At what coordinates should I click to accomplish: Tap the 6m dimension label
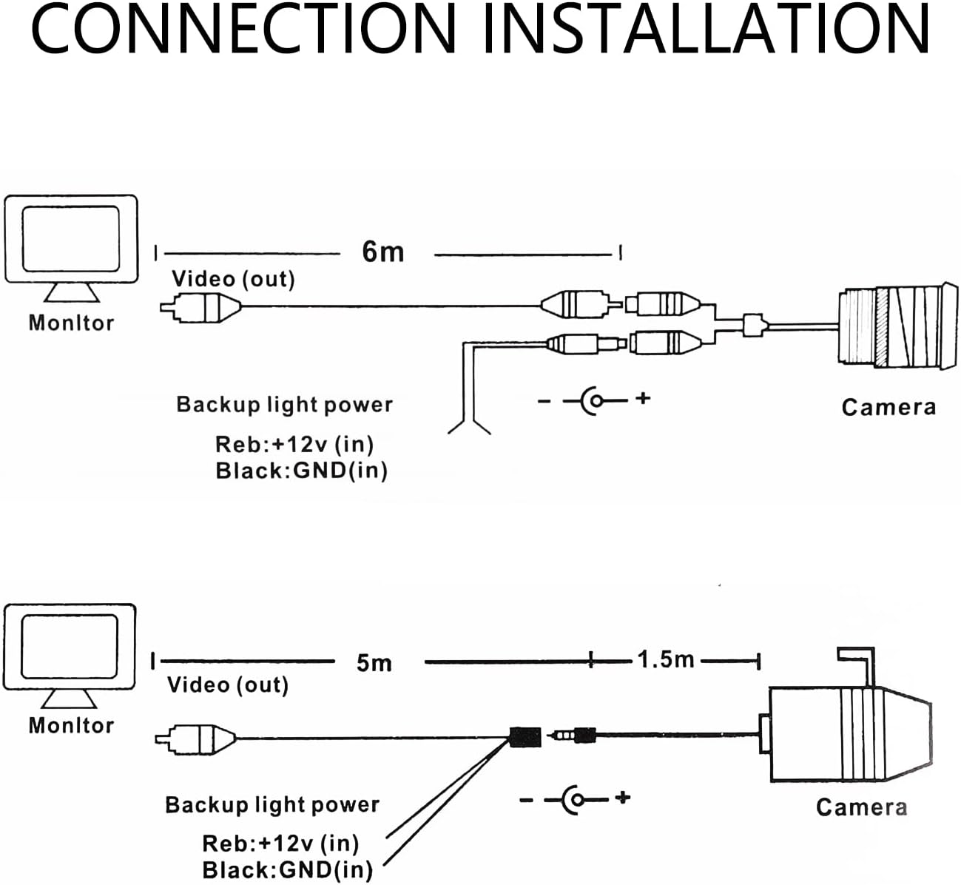[x=382, y=252]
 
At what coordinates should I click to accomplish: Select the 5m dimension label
[x=374, y=662]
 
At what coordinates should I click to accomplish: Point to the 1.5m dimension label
[x=666, y=659]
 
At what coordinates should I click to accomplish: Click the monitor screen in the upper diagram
[x=71, y=238]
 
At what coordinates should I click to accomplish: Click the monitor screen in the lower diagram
[x=70, y=647]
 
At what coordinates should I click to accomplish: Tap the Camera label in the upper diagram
[x=888, y=407]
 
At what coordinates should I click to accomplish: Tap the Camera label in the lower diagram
[x=861, y=807]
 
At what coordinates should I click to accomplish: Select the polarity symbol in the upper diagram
[x=594, y=400]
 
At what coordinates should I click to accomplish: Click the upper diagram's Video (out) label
[x=233, y=279]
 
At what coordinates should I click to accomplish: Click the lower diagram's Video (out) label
[x=227, y=684]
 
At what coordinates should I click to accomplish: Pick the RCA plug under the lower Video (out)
[x=196, y=738]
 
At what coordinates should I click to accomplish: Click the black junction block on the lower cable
[x=525, y=737]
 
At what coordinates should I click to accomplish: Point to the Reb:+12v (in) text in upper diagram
[x=294, y=445]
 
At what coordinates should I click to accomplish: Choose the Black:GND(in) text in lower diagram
[x=287, y=869]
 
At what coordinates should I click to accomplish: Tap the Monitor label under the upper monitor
[x=71, y=323]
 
